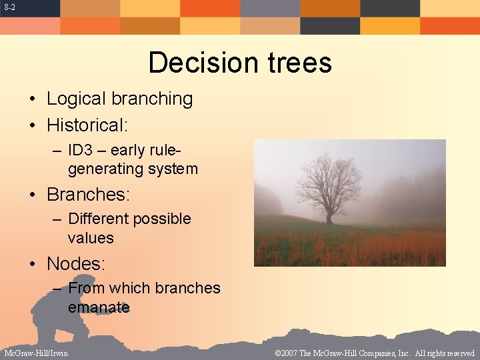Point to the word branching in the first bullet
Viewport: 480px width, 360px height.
click(x=152, y=99)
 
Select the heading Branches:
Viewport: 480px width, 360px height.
click(x=88, y=195)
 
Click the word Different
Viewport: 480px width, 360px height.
click(x=98, y=219)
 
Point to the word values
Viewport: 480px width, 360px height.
click(x=91, y=238)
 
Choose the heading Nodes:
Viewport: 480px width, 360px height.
click(x=76, y=264)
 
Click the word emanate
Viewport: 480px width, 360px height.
click(x=98, y=307)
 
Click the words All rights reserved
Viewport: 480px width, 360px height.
click(x=445, y=353)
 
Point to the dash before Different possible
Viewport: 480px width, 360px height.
click(x=57, y=219)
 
